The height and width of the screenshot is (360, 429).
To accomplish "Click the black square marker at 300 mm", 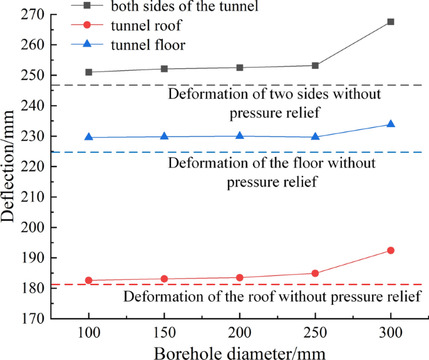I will click(391, 22).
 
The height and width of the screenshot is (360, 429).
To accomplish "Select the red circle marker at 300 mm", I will click(391, 250).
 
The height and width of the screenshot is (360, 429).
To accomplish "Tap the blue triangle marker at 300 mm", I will click(391, 124).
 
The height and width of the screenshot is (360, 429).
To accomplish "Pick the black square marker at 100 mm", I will click(89, 72).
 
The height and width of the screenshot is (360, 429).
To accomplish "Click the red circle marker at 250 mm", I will click(315, 273).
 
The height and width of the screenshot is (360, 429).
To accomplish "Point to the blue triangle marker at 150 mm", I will click(164, 136).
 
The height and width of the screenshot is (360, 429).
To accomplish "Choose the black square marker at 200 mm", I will click(240, 67).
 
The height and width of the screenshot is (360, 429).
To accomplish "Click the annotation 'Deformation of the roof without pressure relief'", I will click(272, 296).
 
